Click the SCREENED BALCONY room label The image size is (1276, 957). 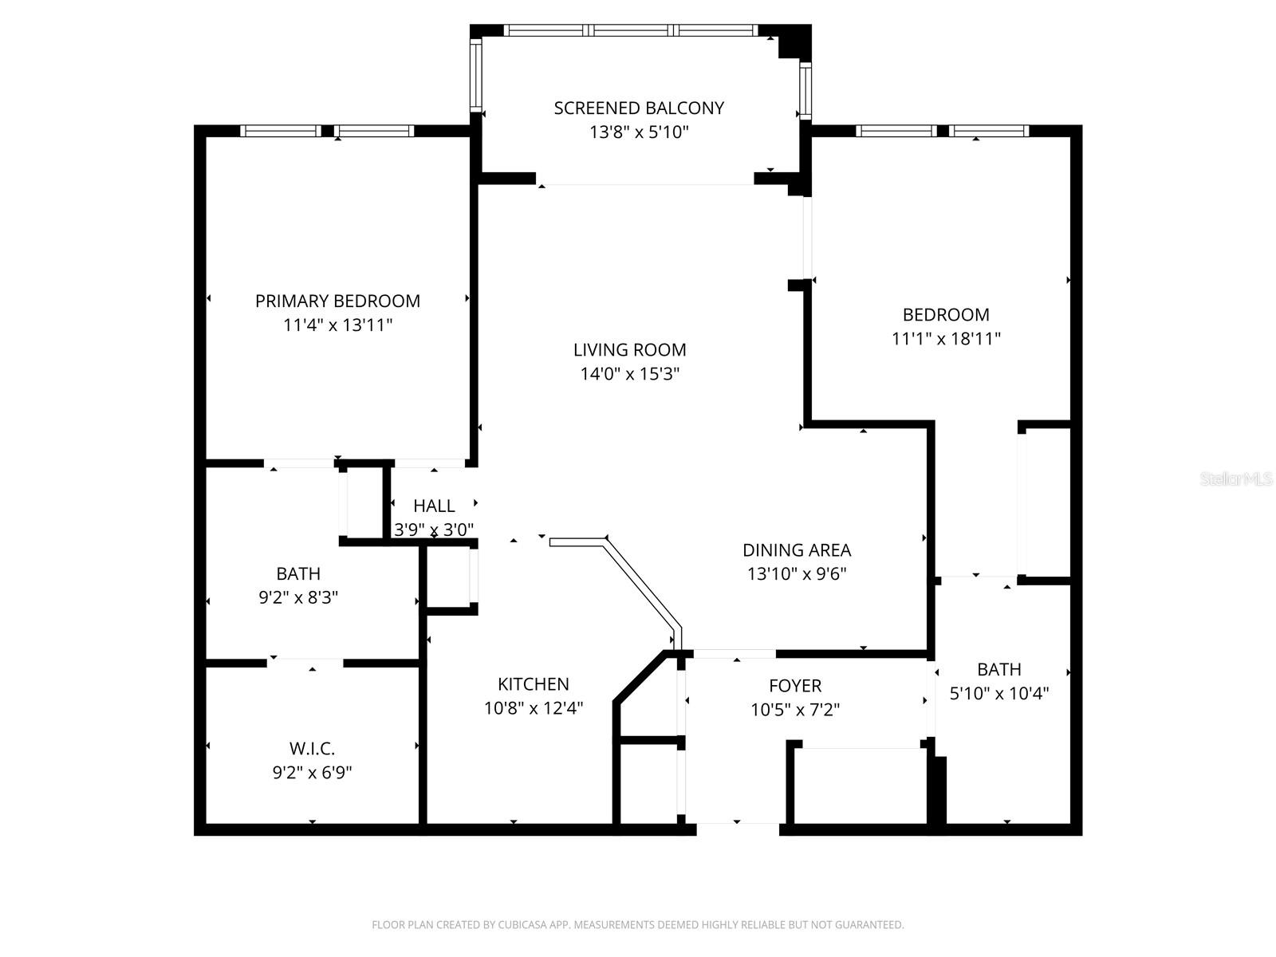point(639,108)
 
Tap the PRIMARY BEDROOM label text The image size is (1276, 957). point(337,301)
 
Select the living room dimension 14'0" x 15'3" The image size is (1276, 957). point(629,373)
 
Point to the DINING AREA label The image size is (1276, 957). point(797,549)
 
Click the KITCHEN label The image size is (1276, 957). point(533,683)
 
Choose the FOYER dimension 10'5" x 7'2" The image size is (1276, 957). point(794,709)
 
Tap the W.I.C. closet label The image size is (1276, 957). point(312,748)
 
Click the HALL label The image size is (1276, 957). point(434,506)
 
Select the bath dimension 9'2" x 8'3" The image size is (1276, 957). point(298,597)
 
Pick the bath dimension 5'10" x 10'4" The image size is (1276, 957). point(998,693)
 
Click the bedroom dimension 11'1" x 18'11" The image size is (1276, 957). point(946,338)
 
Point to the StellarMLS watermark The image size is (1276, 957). point(1235,478)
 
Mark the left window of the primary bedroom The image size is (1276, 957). point(280,131)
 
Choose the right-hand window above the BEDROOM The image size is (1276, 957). point(989,131)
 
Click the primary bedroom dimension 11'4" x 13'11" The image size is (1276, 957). point(337,325)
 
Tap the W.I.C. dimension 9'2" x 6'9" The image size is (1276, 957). point(312,772)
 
